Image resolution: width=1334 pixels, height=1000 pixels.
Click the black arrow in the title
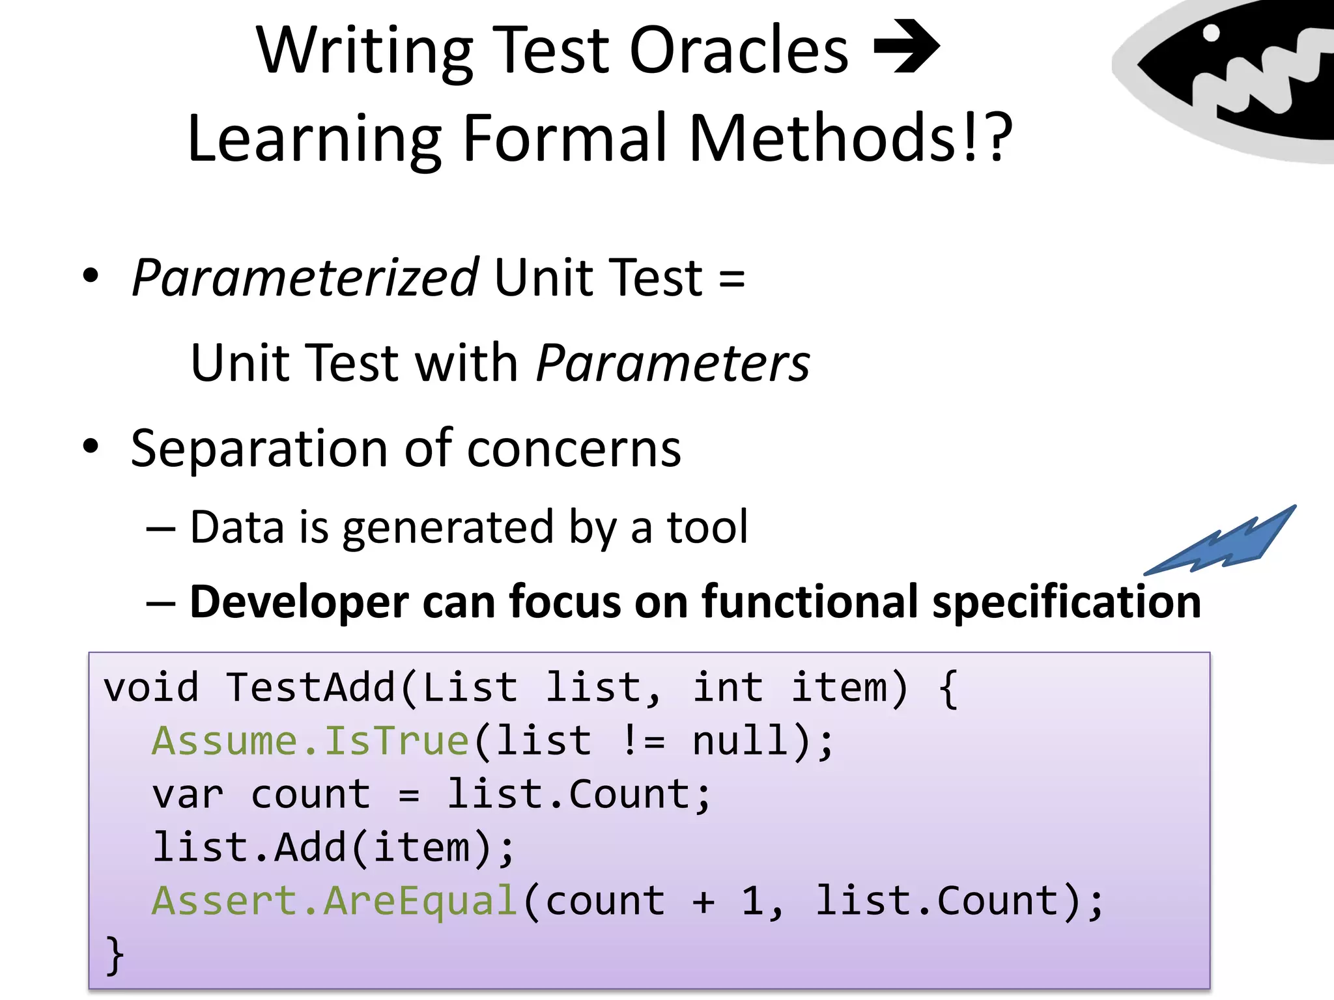(907, 47)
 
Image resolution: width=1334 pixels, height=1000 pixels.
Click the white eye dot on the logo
(1211, 33)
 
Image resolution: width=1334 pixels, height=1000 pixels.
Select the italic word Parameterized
(305, 279)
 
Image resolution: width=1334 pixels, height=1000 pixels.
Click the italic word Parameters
(672, 363)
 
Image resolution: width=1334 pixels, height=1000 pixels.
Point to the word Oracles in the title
(739, 51)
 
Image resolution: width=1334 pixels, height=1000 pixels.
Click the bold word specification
(1066, 602)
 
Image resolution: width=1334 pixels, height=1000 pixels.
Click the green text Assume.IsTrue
(310, 742)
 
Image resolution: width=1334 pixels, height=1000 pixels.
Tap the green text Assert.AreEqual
(334, 902)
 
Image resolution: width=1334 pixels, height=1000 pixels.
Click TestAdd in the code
(311, 688)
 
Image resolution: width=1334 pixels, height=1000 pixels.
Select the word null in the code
(740, 742)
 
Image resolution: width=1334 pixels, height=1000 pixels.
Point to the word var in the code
(188, 795)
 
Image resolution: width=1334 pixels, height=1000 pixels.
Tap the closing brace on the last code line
(115, 955)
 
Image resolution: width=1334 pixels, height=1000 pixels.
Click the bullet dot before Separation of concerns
(91, 447)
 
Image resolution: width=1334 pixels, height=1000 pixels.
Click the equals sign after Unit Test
(731, 279)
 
